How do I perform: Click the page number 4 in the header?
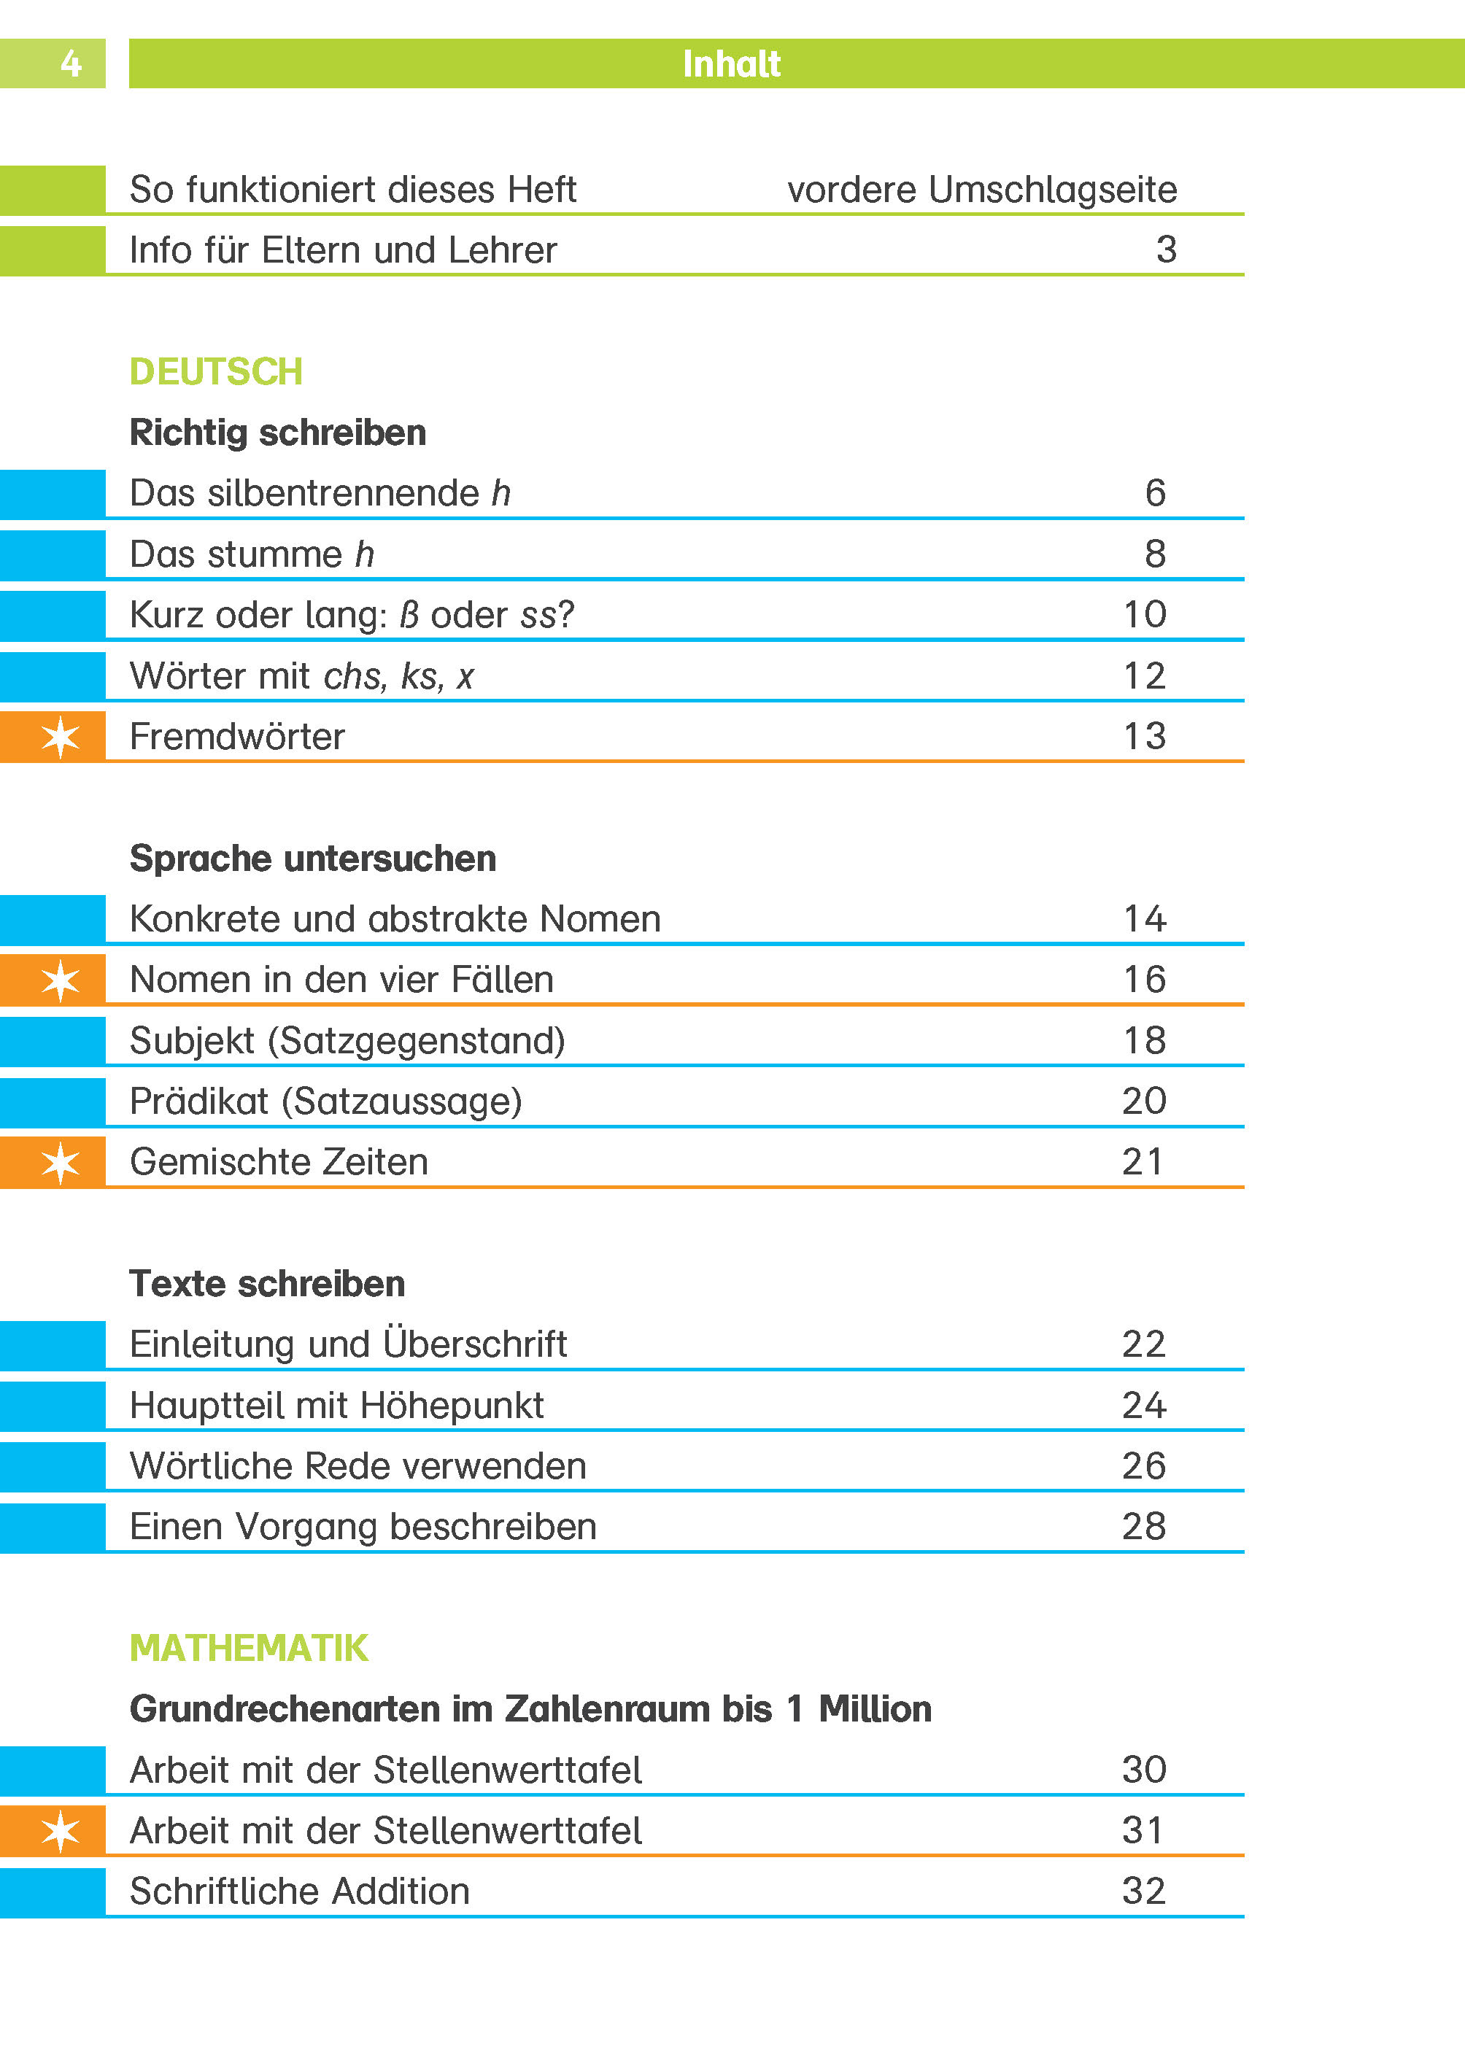(x=70, y=63)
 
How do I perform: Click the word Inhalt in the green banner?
(x=731, y=64)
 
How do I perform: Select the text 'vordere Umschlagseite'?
(x=981, y=190)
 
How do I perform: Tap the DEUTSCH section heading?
(x=216, y=371)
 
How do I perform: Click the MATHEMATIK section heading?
(x=248, y=1648)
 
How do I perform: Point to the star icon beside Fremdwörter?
(x=61, y=737)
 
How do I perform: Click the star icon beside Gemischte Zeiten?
(x=61, y=1163)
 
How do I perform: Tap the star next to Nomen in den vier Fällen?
(x=61, y=980)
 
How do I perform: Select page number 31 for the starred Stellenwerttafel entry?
(x=1143, y=1830)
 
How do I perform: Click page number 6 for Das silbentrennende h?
(x=1155, y=492)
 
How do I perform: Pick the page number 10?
(x=1144, y=614)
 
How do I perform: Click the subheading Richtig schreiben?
(x=278, y=432)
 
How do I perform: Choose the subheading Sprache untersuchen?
(x=312, y=858)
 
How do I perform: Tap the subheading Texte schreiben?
(x=267, y=1283)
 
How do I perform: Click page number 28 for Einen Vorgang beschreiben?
(x=1143, y=1526)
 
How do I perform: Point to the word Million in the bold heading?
(x=874, y=1708)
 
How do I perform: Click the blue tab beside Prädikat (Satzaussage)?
(x=53, y=1102)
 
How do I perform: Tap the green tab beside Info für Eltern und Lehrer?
(x=53, y=251)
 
